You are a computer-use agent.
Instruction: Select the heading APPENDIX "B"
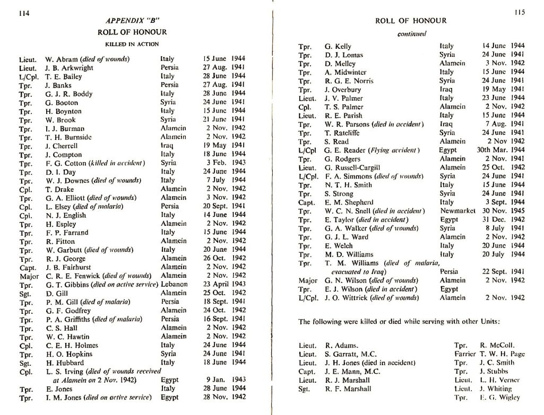click(133, 22)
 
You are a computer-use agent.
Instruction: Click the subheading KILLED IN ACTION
click(132, 44)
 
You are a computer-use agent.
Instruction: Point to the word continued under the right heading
click(411, 33)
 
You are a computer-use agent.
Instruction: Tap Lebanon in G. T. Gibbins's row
click(173, 284)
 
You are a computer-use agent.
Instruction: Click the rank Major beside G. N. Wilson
click(308, 280)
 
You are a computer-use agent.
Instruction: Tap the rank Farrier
click(465, 354)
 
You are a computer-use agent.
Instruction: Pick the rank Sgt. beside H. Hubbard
click(25, 363)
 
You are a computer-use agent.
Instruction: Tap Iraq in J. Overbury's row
click(445, 90)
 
